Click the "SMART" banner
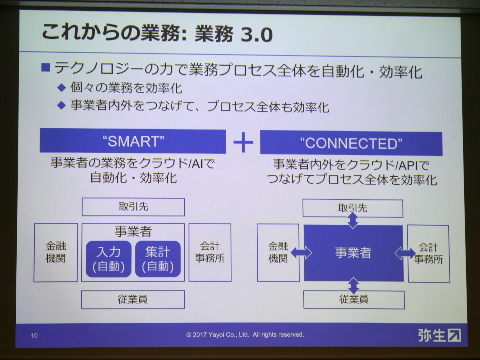pyautogui.click(x=133, y=141)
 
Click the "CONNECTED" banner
pyautogui.click(x=351, y=143)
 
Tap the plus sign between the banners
pyautogui.click(x=243, y=142)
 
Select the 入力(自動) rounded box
pyautogui.click(x=109, y=259)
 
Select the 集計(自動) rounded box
pyautogui.click(x=158, y=259)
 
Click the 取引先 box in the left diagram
pyautogui.click(x=133, y=207)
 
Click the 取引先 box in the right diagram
pyautogui.click(x=353, y=208)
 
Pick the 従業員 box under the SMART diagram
pyautogui.click(x=133, y=300)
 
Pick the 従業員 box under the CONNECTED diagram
pyautogui.click(x=354, y=300)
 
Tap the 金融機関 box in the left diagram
pyautogui.click(x=56, y=252)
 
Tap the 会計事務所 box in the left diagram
pyautogui.click(x=210, y=252)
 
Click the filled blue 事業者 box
pyautogui.click(x=354, y=253)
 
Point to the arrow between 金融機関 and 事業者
pyautogui.click(x=301, y=253)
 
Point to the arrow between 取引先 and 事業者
pyautogui.click(x=353, y=221)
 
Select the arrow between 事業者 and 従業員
pyautogui.click(x=354, y=285)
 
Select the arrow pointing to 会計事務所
pyautogui.click(x=405, y=253)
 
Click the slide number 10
pyautogui.click(x=34, y=336)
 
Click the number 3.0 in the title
pyautogui.click(x=257, y=35)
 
